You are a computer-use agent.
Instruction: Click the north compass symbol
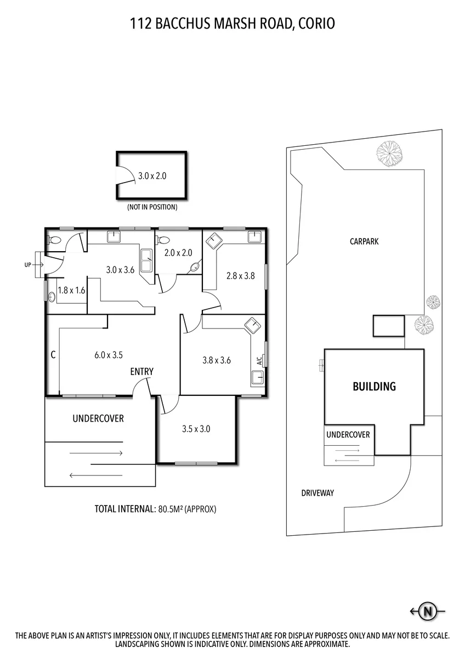tap(428, 611)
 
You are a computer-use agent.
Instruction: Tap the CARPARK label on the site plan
tap(364, 241)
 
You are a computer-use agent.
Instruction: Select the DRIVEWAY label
tap(317, 493)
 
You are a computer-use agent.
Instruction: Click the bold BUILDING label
tap(374, 386)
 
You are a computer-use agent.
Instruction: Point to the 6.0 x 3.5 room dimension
tap(109, 355)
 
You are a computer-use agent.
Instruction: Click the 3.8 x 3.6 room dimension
tap(217, 360)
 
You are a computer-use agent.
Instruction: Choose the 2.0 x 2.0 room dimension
tap(178, 253)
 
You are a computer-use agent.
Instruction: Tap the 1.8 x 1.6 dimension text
tap(71, 290)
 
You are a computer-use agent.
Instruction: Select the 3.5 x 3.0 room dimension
tap(196, 429)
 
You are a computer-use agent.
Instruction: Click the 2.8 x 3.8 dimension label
tap(240, 276)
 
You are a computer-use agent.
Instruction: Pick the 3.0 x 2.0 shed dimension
tap(152, 175)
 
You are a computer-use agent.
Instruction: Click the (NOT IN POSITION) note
tap(152, 207)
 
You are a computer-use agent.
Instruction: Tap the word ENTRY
tap(142, 372)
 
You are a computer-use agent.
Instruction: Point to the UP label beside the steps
tap(27, 265)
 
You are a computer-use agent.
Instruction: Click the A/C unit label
tap(259, 361)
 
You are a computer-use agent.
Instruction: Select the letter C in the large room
tap(53, 355)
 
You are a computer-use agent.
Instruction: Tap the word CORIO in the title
tap(316, 24)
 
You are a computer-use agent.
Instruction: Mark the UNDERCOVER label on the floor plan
tap(98, 418)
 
